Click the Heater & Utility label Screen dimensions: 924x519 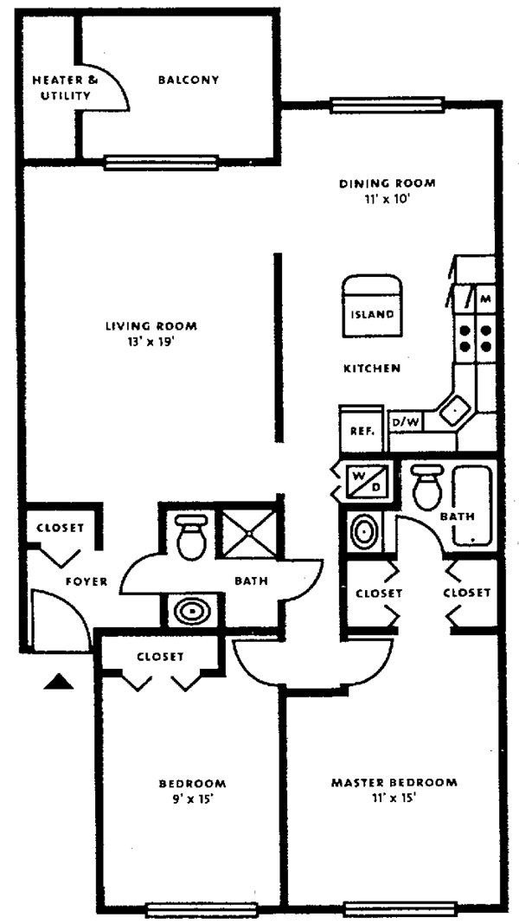click(x=65, y=87)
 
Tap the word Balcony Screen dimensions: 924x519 click(x=188, y=80)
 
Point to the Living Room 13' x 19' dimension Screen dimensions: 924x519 click(x=151, y=340)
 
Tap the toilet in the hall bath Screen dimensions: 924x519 click(x=189, y=537)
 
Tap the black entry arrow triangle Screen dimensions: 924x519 click(x=59, y=683)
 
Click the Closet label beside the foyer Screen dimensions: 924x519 click(x=60, y=528)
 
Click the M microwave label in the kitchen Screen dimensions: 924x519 click(x=484, y=298)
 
